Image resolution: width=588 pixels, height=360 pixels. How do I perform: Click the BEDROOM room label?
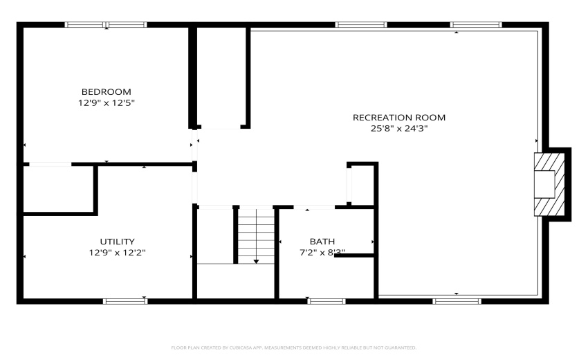coord(106,91)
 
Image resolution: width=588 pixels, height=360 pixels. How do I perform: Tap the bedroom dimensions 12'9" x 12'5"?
coord(106,102)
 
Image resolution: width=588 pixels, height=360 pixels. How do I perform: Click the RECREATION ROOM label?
coord(399,117)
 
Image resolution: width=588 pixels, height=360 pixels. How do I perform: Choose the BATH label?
coord(322,242)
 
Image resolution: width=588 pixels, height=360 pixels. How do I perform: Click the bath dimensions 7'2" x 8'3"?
coord(322,253)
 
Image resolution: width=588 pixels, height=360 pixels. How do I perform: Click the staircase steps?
coord(256,232)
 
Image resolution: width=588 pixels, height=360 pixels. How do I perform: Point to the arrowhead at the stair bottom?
coord(256,261)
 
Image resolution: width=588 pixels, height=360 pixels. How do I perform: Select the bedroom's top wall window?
coord(106,25)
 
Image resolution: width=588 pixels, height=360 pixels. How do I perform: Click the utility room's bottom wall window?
coord(125,301)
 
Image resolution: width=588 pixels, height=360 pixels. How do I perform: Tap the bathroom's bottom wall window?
coord(327,301)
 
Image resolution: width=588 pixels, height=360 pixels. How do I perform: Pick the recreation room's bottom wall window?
coord(457,301)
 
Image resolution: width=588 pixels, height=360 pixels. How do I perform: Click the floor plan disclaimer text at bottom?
coord(293,348)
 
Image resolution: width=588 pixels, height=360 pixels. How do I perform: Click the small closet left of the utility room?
coord(58,188)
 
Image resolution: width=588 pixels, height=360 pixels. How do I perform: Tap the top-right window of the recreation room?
coord(476,25)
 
